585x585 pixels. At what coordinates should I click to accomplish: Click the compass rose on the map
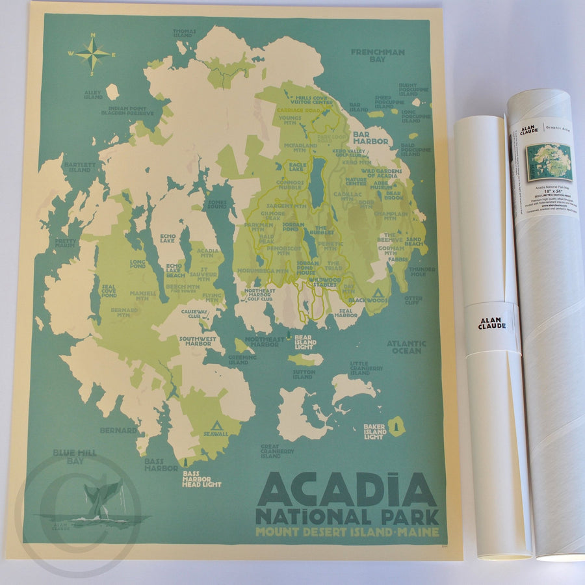coord(92,54)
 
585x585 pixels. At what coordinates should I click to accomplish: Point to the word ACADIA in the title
coord(347,490)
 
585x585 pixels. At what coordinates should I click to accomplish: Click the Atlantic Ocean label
coord(406,346)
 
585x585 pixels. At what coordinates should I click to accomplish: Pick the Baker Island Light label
coord(375,431)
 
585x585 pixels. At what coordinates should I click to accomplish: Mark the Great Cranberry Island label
coord(278,451)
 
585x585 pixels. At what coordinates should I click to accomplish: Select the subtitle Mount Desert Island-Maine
coord(347,532)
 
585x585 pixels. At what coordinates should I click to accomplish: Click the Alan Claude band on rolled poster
coord(493,324)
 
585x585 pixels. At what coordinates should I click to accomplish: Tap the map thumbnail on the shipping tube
coord(549,162)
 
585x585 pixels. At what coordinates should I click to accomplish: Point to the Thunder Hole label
coord(421,271)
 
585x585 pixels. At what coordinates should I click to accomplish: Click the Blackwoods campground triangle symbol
coord(376,291)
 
